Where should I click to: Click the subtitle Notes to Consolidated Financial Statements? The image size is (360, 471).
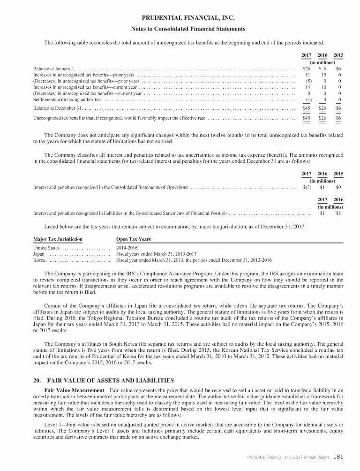point(188,29)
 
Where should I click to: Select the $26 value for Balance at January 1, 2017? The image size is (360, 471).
point(307,68)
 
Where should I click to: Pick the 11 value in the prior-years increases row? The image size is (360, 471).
point(308,75)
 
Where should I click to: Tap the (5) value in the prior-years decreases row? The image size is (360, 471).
point(308,81)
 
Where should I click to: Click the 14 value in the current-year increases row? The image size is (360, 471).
point(308,87)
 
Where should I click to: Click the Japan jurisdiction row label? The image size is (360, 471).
point(39,253)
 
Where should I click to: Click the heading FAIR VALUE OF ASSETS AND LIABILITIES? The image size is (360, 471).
point(108,380)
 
